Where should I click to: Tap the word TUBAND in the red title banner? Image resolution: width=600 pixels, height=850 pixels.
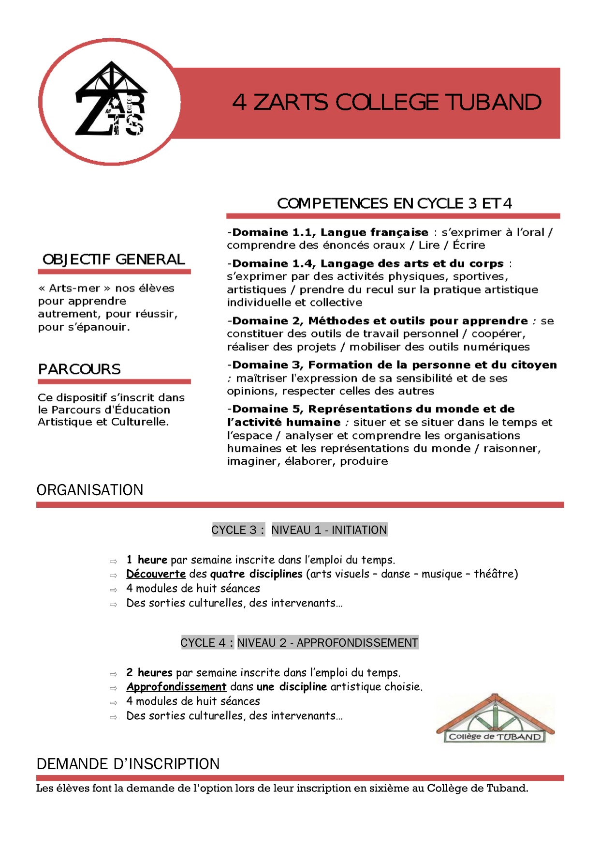493,103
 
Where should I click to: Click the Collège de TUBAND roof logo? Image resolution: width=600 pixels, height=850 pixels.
495,719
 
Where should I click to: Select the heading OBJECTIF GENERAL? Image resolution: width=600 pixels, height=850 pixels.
114,259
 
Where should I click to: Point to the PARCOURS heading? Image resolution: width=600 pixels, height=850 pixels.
79,369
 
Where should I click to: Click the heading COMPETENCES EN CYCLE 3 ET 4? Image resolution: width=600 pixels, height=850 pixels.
394,203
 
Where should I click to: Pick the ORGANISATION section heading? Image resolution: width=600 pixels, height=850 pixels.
90,490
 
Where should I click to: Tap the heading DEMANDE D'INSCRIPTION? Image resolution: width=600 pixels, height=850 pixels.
128,764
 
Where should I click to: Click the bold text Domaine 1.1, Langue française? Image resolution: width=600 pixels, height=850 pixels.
330,232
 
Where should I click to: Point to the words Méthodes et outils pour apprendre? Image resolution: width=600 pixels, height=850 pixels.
418,321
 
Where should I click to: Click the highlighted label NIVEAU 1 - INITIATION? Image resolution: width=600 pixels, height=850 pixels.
329,530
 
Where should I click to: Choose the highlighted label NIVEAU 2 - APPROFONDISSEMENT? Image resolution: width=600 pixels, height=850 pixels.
327,643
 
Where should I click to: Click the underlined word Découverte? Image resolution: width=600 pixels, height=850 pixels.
156,574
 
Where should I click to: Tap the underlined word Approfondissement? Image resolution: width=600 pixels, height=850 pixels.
176,687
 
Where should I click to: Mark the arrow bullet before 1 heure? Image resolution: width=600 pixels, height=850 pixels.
113,562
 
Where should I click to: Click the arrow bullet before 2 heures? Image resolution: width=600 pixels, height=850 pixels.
113,674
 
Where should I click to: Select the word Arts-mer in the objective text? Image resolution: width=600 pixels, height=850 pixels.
74,288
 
